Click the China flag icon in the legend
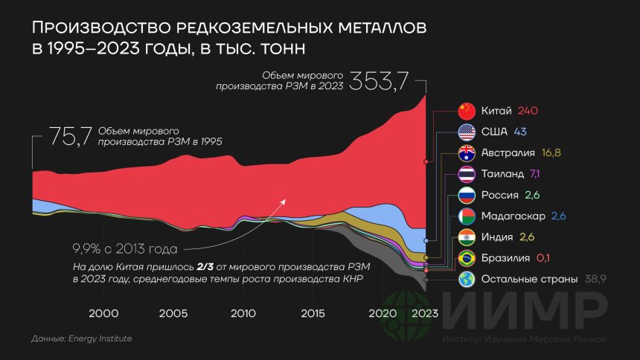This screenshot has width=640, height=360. (466, 112)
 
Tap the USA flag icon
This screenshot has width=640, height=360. (466, 132)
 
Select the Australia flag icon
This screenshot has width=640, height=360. (466, 154)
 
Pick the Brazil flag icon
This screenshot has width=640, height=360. (466, 259)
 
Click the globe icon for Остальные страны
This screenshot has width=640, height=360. (466, 280)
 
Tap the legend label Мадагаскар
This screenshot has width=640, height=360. (512, 216)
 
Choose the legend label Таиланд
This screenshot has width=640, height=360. (502, 174)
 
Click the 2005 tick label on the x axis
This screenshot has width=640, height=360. (173, 313)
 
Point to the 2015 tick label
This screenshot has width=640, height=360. (313, 313)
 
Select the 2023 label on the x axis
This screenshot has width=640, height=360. (424, 313)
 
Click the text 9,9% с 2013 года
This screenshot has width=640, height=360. (124, 248)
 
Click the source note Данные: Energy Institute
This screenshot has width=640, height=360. (82, 339)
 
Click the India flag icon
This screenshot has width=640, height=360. (466, 238)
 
